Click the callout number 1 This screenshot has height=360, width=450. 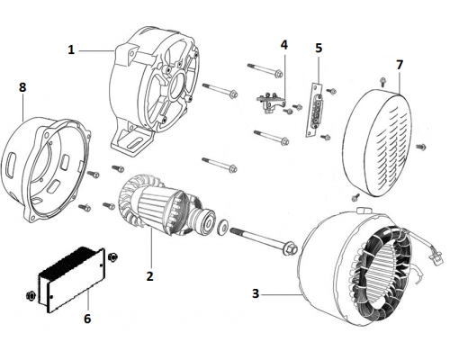(71, 49)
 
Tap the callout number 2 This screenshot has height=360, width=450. (149, 276)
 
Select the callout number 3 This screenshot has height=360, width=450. (256, 293)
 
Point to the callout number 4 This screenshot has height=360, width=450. (284, 45)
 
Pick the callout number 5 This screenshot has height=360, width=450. (319, 48)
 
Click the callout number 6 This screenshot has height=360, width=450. (87, 319)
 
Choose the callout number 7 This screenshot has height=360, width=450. (400, 65)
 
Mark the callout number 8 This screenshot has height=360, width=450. (22, 87)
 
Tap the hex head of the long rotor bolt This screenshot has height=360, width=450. (291, 248)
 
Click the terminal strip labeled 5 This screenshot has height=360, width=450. (313, 110)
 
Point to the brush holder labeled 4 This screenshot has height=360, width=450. (269, 103)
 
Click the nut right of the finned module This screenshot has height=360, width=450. (113, 256)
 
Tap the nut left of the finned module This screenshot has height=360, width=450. (31, 295)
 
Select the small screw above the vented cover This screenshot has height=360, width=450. (382, 82)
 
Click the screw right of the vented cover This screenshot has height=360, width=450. (421, 147)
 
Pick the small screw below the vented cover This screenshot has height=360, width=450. (355, 197)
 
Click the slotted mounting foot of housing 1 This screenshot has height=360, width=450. (131, 143)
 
